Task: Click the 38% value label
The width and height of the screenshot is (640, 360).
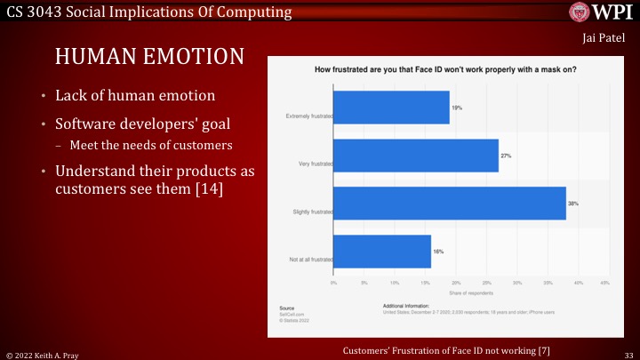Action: coord(573,204)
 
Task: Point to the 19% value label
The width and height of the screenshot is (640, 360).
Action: coord(457,107)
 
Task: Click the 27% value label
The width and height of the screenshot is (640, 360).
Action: coord(506,155)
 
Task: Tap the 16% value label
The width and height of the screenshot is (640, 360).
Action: coord(438,252)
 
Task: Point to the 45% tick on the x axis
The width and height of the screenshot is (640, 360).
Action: coord(604,283)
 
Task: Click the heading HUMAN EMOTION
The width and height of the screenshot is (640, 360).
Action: coord(149,57)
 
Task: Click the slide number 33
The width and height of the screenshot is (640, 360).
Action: coord(628,354)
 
